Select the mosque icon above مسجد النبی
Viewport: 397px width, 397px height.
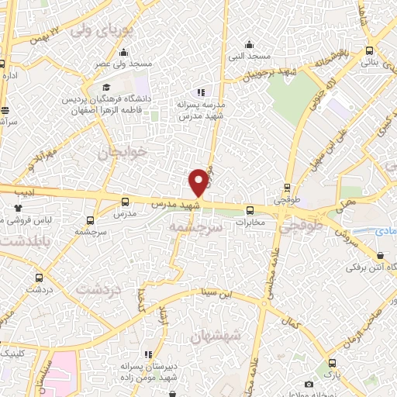pyautogui.click(x=248, y=44)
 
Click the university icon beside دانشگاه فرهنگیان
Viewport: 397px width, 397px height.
pyautogui.click(x=106, y=87)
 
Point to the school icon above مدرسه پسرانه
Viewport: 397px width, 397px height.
pyautogui.click(x=201, y=93)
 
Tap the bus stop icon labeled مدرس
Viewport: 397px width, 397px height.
pyautogui.click(x=124, y=202)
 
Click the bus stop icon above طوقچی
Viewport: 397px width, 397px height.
pyautogui.click(x=288, y=187)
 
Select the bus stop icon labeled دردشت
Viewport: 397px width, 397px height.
pyautogui.click(x=39, y=277)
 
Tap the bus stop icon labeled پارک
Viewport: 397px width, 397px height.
pyautogui.click(x=332, y=362)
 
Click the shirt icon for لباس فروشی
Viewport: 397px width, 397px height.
pyautogui.click(x=19, y=208)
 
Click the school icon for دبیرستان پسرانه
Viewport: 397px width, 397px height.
pyautogui.click(x=148, y=354)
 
